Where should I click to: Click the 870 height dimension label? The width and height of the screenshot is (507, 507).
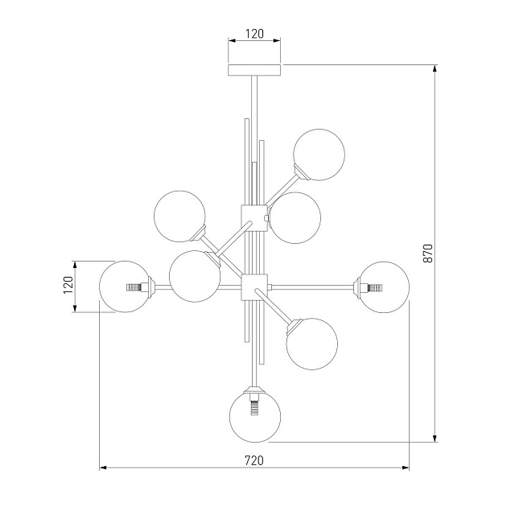coord(427,253)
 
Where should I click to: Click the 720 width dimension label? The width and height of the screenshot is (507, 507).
coord(254,460)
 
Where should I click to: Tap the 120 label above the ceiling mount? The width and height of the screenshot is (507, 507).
coord(254,34)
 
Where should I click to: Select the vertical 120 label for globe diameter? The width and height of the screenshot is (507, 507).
coord(68,285)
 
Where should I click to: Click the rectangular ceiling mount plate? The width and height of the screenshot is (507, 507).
coord(254,70)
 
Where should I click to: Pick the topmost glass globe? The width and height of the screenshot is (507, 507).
coord(319,155)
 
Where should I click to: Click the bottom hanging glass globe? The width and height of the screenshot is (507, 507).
coord(255,417)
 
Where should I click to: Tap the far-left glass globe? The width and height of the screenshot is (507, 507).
coord(125,286)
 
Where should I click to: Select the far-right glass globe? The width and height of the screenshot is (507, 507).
coord(384,287)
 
